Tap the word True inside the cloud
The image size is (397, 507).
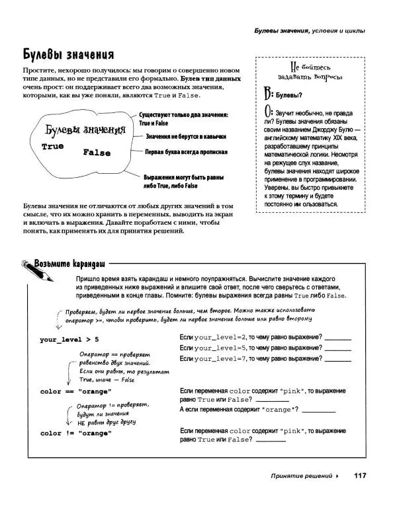tap(52, 146)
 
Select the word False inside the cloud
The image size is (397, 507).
tap(97, 153)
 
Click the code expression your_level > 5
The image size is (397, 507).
tap(69, 339)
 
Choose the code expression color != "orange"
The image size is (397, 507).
tap(75, 433)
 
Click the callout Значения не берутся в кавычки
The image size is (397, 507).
tap(186, 136)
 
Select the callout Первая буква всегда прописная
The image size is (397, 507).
tap(187, 151)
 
